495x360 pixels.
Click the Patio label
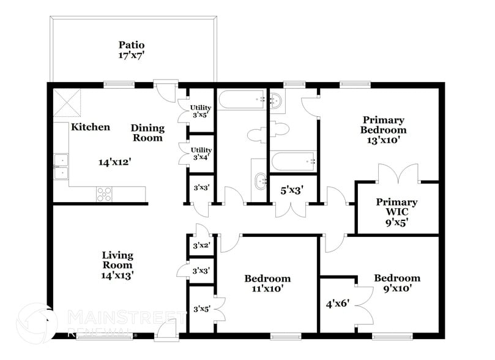point(132,45)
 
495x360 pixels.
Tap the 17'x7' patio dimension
point(132,55)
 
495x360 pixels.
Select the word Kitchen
point(91,127)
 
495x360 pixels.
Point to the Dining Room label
point(147,133)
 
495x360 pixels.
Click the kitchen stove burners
point(104,193)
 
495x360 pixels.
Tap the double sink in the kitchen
point(61,167)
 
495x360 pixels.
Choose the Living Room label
point(117,260)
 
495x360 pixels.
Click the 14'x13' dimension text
point(117,276)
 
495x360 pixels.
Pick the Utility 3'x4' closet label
point(201,153)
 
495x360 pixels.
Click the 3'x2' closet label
point(201,246)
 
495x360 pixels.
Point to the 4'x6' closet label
point(337,302)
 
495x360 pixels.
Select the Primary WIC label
point(396,207)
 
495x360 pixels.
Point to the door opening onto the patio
point(165,91)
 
